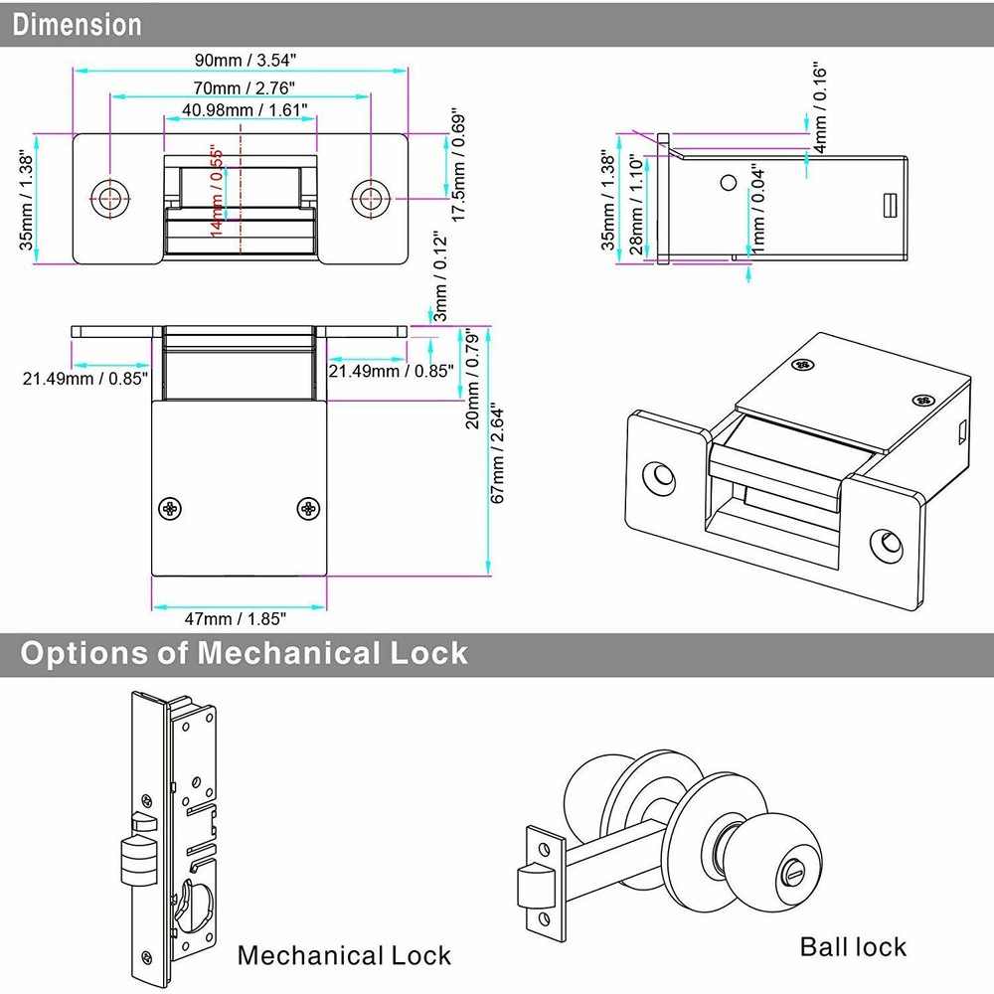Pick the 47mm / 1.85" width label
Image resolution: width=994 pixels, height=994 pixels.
click(x=240, y=618)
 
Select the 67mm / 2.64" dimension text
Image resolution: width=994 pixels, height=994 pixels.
click(x=500, y=453)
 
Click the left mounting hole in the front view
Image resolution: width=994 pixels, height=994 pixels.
click(x=110, y=197)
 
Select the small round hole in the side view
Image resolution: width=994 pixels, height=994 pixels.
click(x=729, y=183)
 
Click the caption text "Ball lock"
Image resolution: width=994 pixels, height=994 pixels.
click(x=853, y=945)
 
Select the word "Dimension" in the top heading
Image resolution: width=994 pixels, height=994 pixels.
click(x=78, y=24)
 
